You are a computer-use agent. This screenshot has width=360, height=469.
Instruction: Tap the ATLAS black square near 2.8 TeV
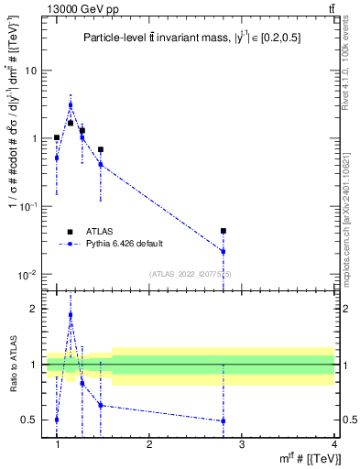coord(224,232)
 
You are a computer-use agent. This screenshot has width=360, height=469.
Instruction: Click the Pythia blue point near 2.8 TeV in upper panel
coord(224,251)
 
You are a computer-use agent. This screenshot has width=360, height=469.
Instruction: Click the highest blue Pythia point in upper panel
coord(71,104)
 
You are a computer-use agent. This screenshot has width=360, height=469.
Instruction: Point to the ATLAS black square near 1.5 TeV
coord(101,149)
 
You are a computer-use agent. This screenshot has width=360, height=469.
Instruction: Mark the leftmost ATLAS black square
coord(57,137)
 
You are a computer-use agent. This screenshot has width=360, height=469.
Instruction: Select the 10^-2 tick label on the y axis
coord(30,275)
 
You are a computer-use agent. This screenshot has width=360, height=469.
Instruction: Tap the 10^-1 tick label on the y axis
coord(30,207)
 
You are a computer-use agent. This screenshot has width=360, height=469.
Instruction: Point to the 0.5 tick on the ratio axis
coord(31,420)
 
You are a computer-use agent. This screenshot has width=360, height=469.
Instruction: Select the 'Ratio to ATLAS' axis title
coord(12,365)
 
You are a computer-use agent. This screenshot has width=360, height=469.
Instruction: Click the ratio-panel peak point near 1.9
coord(71,315)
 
